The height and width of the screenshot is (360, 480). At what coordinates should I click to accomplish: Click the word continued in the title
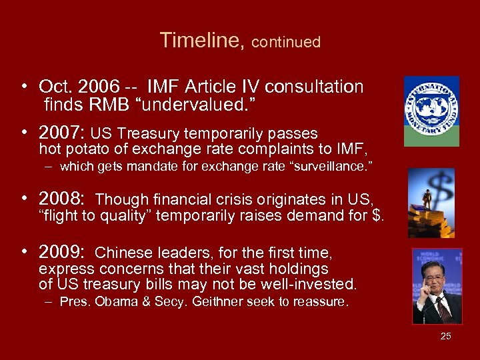pos(287,42)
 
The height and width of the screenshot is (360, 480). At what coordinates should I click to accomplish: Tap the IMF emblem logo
pos(431,111)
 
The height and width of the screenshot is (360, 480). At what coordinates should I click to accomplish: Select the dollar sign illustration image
pos(431,202)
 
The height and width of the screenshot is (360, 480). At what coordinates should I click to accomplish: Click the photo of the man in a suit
pos(437,286)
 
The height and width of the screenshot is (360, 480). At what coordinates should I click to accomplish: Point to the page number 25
pos(445,336)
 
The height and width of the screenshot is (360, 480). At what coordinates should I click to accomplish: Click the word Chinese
pos(120,253)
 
